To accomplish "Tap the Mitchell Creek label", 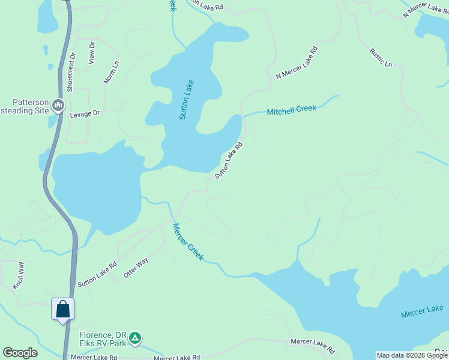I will coord(291,110).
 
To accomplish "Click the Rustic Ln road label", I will coord(381,58).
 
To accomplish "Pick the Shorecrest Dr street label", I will coord(71,72).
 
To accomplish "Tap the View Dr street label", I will coord(92,53).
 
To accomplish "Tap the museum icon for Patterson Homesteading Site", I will coord(58,106).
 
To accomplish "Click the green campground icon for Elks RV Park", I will coord(136,339).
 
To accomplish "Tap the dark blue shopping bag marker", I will coord(63,310).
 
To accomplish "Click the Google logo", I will coord(20,353).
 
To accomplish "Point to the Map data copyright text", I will coord(412,355).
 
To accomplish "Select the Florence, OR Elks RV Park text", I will coord(104,340).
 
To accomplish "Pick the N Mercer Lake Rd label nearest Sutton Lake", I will coord(296,62).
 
